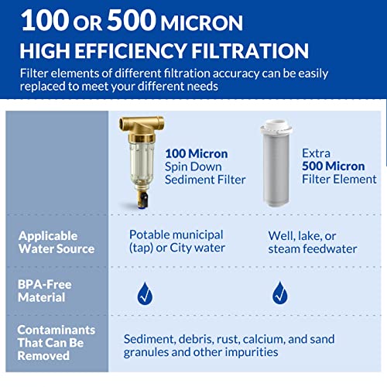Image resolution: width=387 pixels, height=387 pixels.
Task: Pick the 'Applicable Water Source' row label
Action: [57, 241]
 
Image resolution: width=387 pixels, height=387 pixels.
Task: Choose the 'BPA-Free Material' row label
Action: [45, 291]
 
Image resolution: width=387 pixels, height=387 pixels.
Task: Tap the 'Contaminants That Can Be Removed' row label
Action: [56, 342]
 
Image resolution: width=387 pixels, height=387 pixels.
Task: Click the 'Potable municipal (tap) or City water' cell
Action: [176, 241]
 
